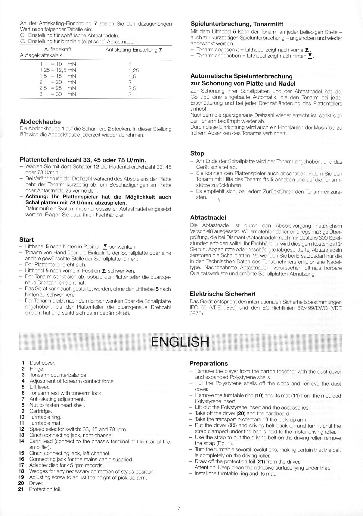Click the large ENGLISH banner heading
click(x=180, y=342)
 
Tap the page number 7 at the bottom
click(x=179, y=508)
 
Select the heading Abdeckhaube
click(x=40, y=122)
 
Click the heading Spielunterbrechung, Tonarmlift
click(x=237, y=24)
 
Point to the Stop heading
click(x=197, y=153)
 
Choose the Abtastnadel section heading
click(x=208, y=217)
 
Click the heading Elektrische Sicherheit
click(x=222, y=294)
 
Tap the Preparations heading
click(x=209, y=363)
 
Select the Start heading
click(x=26, y=240)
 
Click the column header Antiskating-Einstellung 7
click(x=134, y=50)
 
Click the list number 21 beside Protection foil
click(x=21, y=489)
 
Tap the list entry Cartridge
click(x=41, y=411)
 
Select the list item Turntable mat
click(x=45, y=423)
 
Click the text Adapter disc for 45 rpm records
click(x=66, y=465)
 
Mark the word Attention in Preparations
click(x=205, y=468)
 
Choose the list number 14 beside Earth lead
click(x=21, y=441)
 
